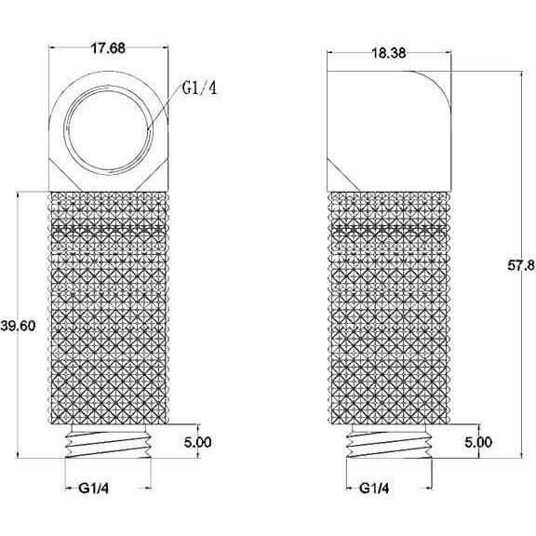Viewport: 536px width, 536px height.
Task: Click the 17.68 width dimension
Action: click(x=108, y=48)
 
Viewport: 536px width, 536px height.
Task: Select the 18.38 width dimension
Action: click(x=389, y=53)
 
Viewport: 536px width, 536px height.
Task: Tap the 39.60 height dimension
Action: click(x=18, y=326)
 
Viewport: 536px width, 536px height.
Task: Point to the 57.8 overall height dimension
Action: click(x=520, y=265)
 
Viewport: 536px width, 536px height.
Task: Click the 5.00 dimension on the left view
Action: click(x=198, y=442)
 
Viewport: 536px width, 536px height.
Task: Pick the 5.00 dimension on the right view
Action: click(x=478, y=442)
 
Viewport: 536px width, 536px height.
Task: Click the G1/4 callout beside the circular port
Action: click(x=199, y=88)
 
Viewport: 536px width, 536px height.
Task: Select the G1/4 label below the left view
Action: click(x=94, y=489)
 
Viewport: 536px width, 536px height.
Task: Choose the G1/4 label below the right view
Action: click(x=374, y=489)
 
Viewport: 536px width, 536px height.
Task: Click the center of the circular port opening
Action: click(x=109, y=130)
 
